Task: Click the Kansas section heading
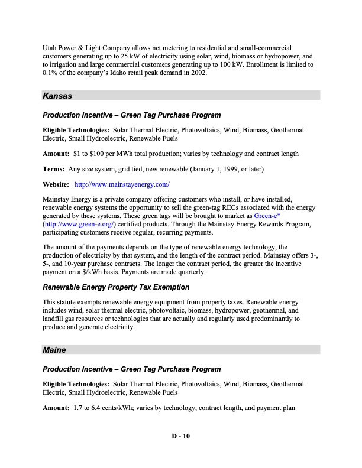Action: pos(58,95)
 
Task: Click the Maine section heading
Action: pos(55,350)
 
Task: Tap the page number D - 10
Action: pos(181,437)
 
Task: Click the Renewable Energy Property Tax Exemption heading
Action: pos(116,287)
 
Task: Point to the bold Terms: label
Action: pos(54,170)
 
